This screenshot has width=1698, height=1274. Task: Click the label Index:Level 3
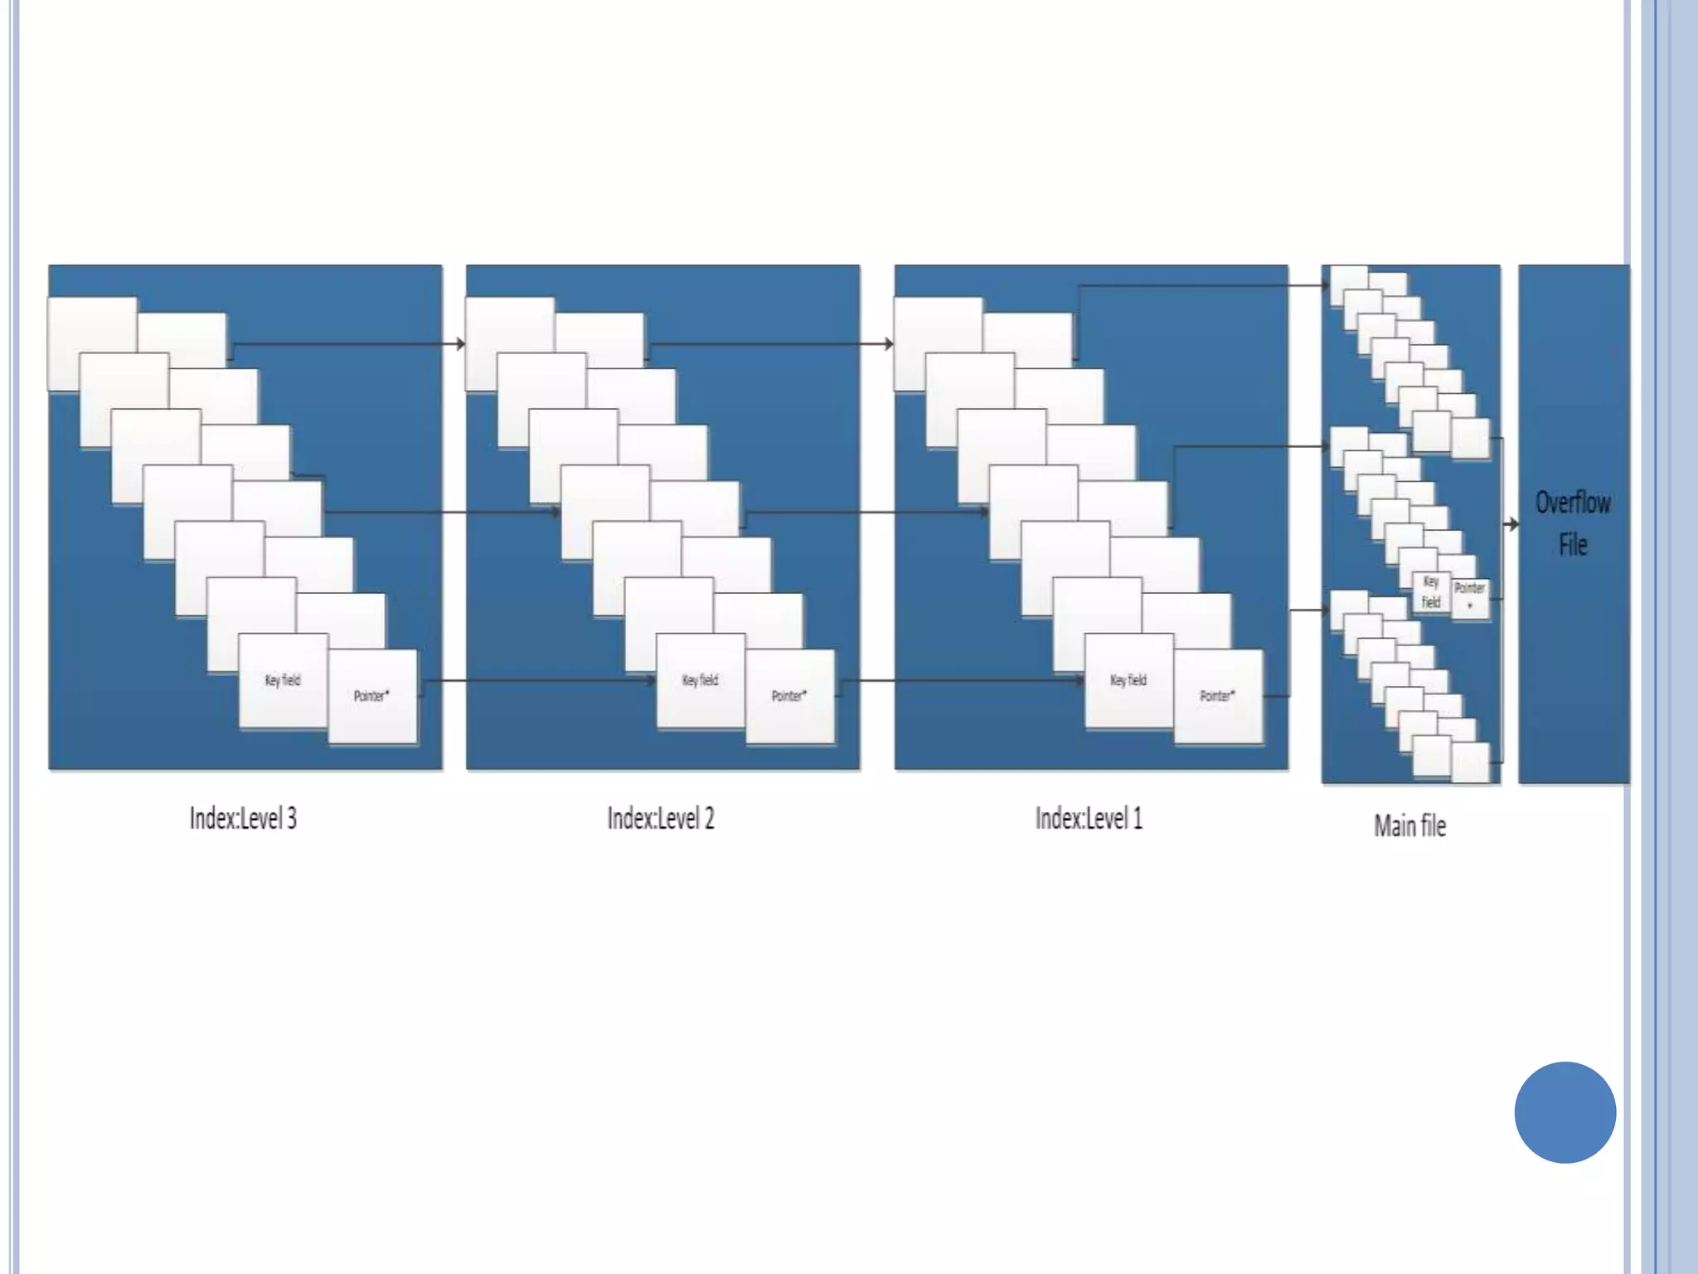(243, 819)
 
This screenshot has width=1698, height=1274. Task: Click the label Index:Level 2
(661, 819)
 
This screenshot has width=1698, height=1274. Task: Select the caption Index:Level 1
(1089, 819)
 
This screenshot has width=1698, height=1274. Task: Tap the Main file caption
(1409, 826)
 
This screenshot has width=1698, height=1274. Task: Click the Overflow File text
(1573, 523)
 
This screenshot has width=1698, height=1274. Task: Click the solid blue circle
(1565, 1112)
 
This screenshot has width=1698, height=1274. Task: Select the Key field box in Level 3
(283, 681)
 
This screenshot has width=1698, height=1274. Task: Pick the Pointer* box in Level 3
(372, 696)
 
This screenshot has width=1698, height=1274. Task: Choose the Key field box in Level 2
(701, 681)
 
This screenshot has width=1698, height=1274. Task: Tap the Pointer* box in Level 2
(789, 696)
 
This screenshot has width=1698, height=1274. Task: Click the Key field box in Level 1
(1128, 681)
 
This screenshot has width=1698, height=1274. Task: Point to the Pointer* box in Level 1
(1218, 696)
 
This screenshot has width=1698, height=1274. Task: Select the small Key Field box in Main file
(1431, 592)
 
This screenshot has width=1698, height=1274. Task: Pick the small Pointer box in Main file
(1470, 596)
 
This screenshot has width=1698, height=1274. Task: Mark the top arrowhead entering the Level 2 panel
(460, 343)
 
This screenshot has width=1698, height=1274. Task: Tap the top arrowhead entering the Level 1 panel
(889, 343)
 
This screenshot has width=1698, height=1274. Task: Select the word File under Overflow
(1573, 545)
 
